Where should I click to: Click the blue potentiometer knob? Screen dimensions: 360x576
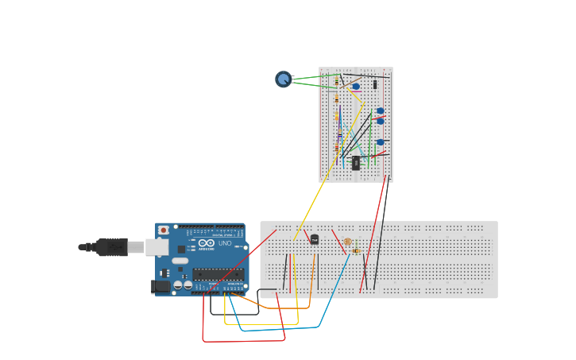point(283,79)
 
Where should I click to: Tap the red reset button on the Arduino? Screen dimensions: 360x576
point(164,230)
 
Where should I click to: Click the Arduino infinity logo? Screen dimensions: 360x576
point(206,243)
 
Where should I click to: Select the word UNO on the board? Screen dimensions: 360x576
point(225,243)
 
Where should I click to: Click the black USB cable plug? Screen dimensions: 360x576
point(112,247)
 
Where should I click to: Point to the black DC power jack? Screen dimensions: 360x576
point(160,286)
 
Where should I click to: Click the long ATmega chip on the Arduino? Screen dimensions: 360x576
point(218,274)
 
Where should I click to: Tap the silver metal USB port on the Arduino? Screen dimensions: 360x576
point(157,247)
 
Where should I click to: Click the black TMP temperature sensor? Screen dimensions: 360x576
point(315,239)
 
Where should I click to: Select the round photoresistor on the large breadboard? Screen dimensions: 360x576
point(348,242)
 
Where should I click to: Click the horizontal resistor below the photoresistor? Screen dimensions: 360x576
point(356,251)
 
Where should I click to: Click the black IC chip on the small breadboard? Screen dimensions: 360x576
point(356,163)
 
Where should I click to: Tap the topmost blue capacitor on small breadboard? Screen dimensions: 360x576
point(356,86)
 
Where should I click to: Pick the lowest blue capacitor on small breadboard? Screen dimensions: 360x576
point(381,142)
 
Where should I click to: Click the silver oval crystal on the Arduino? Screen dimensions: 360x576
point(180,261)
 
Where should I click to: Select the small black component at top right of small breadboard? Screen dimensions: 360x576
point(375,84)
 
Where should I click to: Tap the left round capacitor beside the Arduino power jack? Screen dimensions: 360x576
point(178,285)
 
